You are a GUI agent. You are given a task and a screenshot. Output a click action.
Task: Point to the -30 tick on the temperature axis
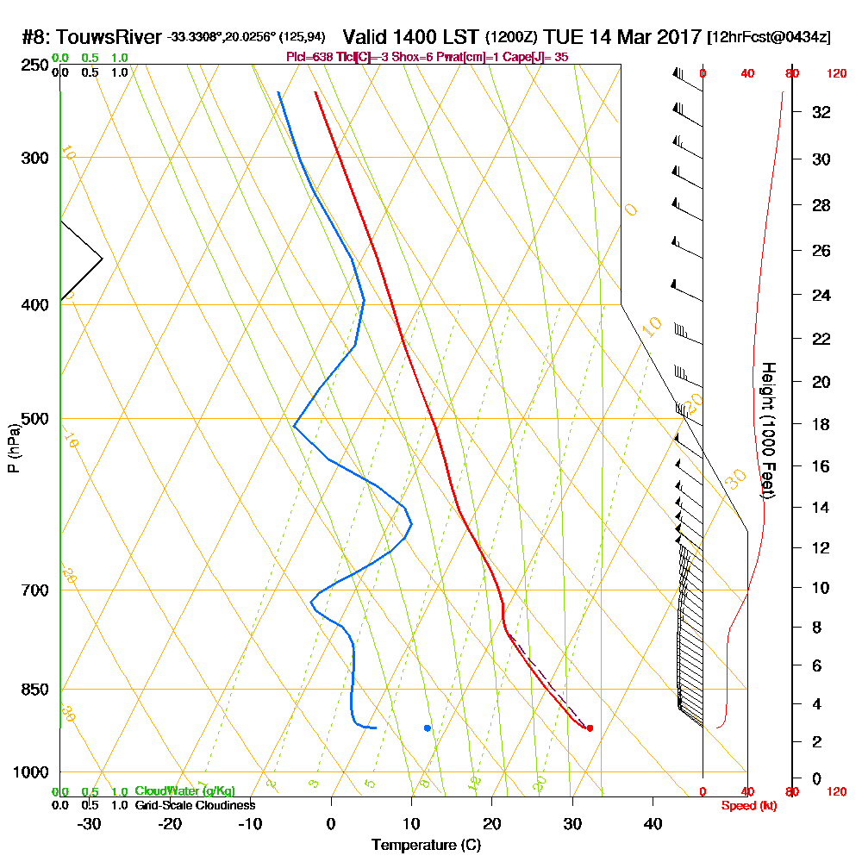click(x=90, y=823)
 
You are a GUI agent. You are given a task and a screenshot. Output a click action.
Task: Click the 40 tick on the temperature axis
click(x=653, y=823)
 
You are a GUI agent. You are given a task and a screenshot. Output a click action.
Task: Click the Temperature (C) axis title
click(x=426, y=846)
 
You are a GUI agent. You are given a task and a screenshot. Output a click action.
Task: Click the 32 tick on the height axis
click(x=821, y=112)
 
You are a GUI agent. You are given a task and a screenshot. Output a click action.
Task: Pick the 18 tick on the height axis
click(x=821, y=424)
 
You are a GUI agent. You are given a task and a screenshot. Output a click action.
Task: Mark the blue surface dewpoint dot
click(x=428, y=728)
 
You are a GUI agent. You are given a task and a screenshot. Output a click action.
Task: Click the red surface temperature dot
click(x=590, y=728)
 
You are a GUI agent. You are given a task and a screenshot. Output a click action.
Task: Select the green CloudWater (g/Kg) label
click(x=184, y=791)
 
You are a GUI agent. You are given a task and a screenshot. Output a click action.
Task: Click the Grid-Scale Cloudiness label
click(x=195, y=805)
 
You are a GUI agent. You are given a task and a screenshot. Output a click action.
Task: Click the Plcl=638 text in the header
click(x=306, y=57)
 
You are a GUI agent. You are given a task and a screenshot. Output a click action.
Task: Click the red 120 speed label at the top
click(x=836, y=74)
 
